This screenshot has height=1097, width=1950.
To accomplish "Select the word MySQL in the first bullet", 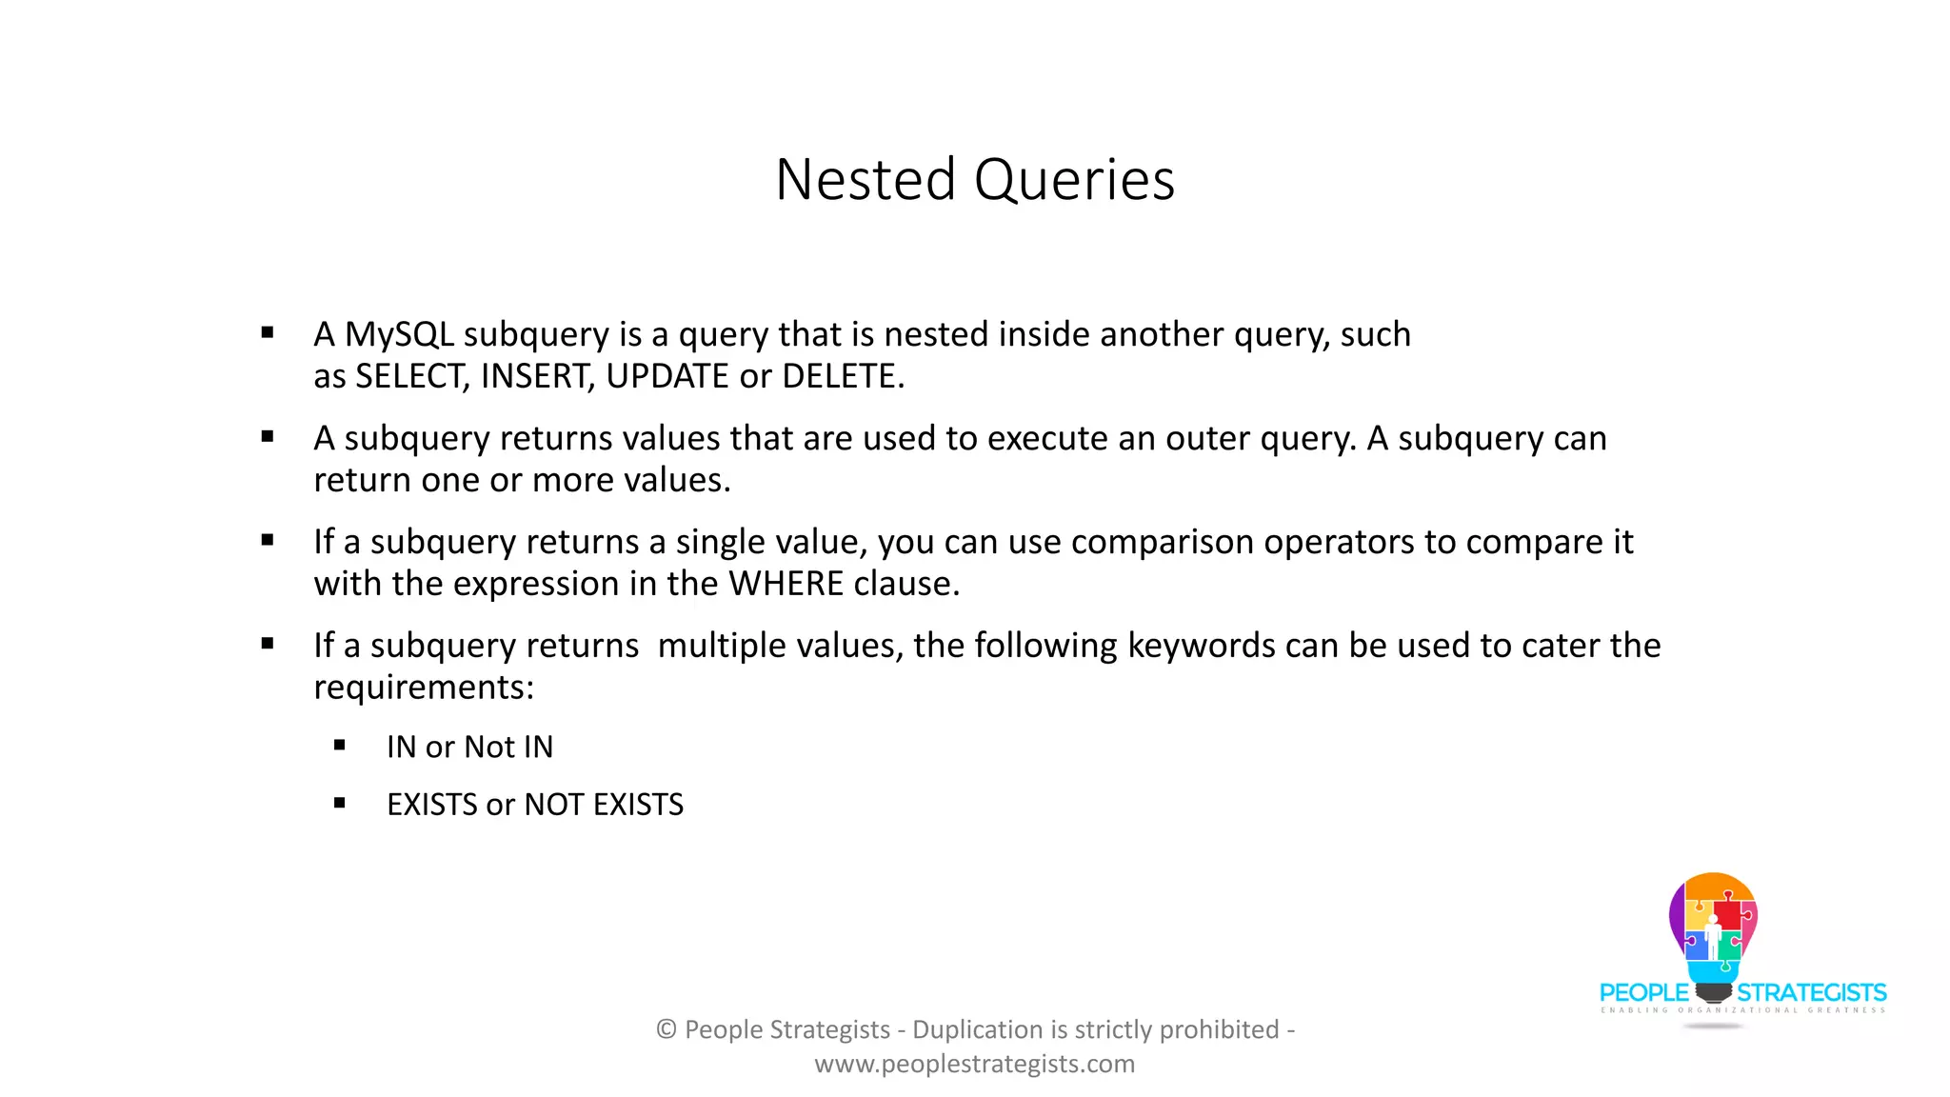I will click(399, 334).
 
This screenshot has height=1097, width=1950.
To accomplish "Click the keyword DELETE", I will click(843, 377).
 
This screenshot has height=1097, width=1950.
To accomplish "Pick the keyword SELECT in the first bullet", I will click(412, 377).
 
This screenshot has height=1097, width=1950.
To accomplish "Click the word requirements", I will click(424, 688).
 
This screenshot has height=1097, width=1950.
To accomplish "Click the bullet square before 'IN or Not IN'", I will click(340, 746).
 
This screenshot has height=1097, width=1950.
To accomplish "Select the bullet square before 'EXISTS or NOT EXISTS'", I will click(340, 804).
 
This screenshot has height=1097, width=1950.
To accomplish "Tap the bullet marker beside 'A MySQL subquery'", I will click(268, 333).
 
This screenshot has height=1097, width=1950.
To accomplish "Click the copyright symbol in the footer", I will click(667, 1029).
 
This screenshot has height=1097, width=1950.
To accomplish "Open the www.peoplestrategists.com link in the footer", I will click(975, 1064).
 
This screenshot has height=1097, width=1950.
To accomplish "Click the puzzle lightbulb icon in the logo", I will click(1713, 928).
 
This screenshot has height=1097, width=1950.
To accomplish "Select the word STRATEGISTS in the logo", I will click(1812, 993).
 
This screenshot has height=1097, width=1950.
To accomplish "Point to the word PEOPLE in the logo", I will click(1643, 993).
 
